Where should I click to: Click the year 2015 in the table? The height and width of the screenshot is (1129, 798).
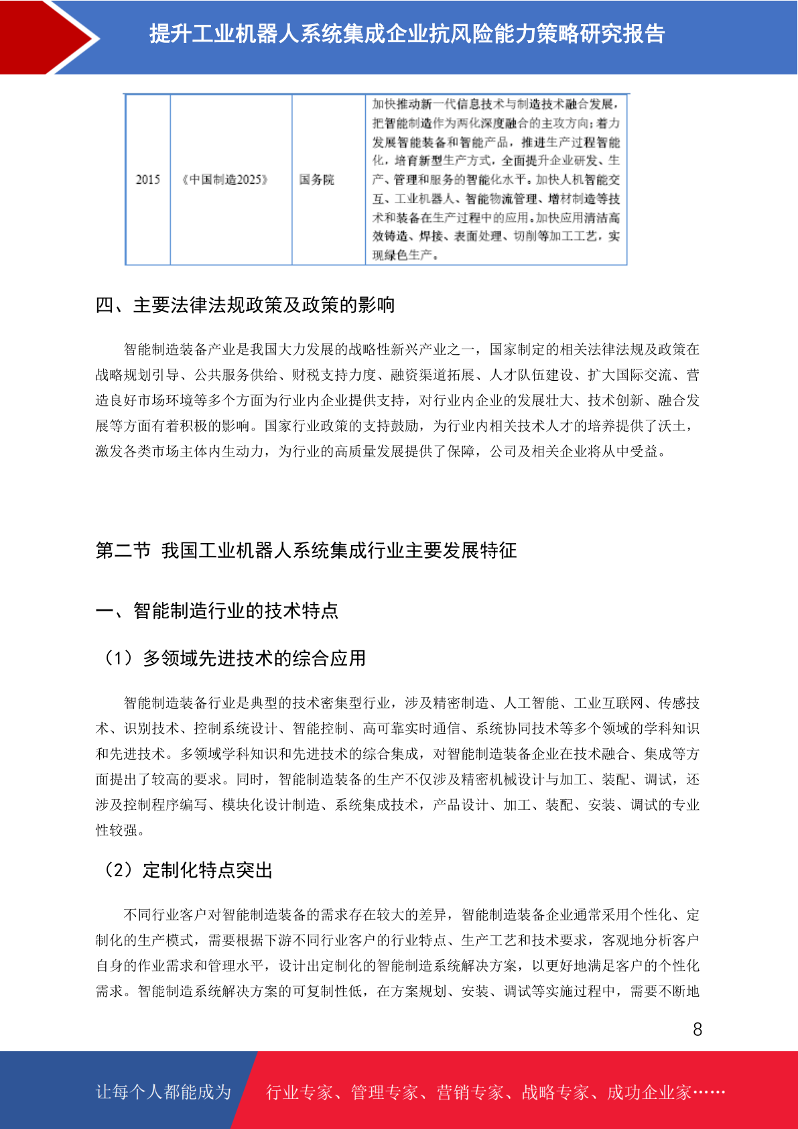tap(148, 180)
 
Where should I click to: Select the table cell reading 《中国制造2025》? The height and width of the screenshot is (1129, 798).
tap(225, 180)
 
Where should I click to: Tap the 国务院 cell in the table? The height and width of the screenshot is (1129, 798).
tap(316, 180)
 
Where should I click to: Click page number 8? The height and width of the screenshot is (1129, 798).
tap(697, 1030)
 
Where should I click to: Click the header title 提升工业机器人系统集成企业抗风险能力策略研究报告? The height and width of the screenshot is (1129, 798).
tap(407, 34)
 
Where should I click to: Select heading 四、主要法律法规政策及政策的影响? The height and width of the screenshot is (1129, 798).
tap(245, 306)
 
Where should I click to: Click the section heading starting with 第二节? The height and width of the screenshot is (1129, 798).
tap(306, 551)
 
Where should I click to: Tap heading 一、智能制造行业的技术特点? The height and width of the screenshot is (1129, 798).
tap(217, 611)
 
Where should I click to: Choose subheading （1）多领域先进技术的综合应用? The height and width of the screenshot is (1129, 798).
tap(232, 658)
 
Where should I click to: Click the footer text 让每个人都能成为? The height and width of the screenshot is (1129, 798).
tap(163, 1092)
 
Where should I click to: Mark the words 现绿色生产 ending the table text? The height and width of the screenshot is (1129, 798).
tap(403, 255)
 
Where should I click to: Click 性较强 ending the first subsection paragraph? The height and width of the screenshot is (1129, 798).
tap(117, 831)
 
